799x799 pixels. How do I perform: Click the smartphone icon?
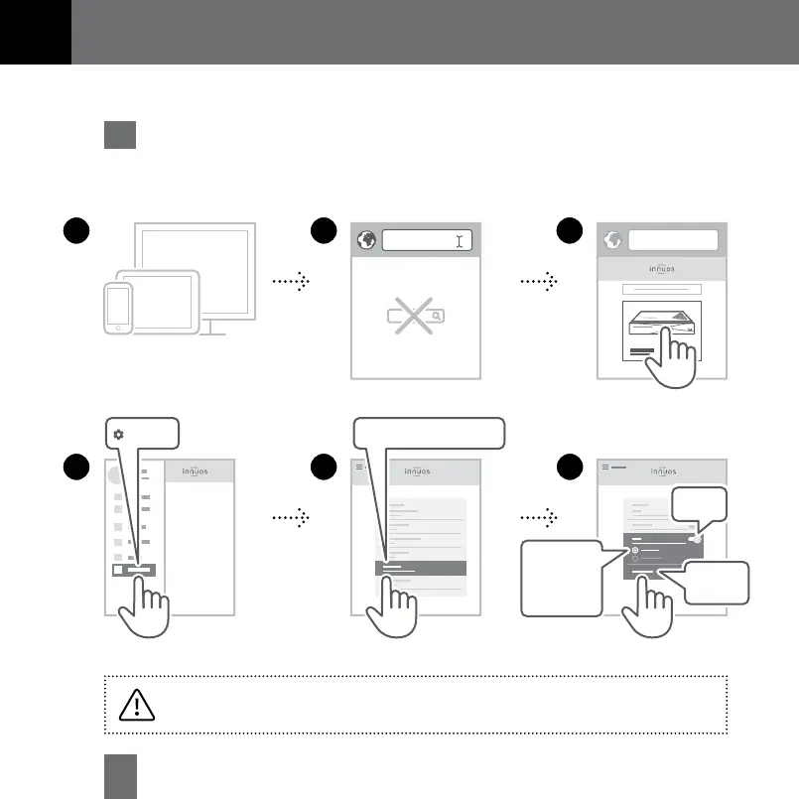(118, 308)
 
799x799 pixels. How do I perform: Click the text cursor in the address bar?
(459, 241)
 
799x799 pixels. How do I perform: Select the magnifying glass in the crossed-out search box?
(436, 316)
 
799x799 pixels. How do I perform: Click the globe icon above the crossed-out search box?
(366, 241)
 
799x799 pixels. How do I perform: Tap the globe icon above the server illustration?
(611, 241)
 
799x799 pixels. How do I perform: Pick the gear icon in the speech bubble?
(119, 435)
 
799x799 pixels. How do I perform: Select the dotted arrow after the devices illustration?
(290, 282)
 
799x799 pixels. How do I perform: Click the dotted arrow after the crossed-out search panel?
(538, 282)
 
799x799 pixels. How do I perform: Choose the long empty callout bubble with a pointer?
(429, 434)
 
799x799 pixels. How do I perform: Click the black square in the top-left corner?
(35, 32)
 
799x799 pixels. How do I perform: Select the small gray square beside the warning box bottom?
(119, 777)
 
